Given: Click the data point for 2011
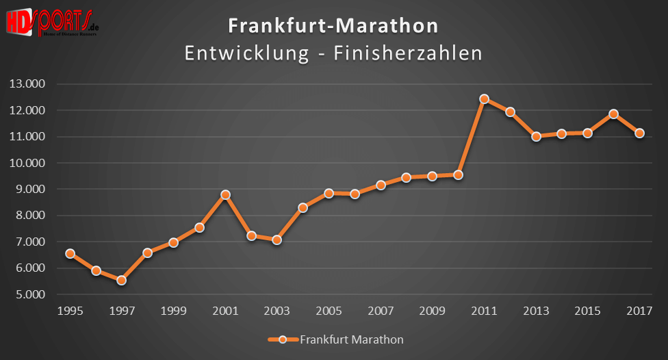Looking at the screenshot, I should (x=484, y=99).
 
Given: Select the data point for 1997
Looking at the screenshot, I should (x=121, y=280).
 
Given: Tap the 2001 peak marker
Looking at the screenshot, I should (x=225, y=194).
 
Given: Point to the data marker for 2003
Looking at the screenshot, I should (x=277, y=240).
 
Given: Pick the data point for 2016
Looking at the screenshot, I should (x=613, y=114).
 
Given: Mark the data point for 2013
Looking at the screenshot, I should (x=536, y=136).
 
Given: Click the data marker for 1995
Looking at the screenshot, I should (x=70, y=253).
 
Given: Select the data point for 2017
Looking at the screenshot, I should (x=639, y=133).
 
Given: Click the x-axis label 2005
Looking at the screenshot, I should (x=329, y=310).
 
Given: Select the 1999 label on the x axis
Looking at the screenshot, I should (x=173, y=310).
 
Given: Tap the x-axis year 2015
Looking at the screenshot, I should (x=587, y=310).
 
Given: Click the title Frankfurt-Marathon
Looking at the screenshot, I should (x=333, y=26).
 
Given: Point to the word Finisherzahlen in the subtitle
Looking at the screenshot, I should (x=408, y=53).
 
